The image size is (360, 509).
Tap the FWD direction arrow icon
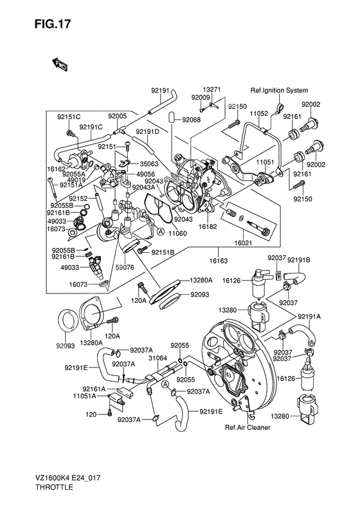(61, 63)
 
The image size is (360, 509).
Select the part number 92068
(191, 119)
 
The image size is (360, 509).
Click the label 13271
(212, 90)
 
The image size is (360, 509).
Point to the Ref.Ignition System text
(279, 90)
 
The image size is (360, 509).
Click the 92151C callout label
(69, 116)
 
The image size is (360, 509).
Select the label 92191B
(298, 260)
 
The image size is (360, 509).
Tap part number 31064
(157, 358)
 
